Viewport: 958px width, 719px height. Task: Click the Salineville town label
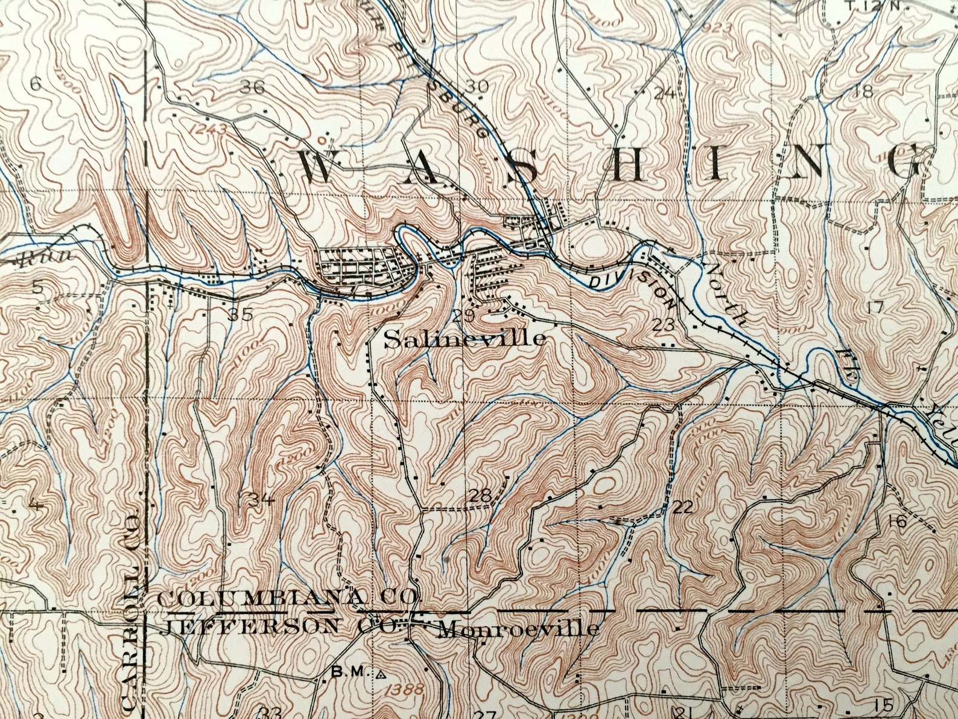point(465,339)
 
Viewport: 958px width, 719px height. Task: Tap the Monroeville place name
point(519,630)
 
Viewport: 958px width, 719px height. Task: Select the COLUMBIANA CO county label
point(287,598)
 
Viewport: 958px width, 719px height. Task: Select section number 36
point(252,87)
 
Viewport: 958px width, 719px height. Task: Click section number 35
point(240,314)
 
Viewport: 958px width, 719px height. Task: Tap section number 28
point(481,496)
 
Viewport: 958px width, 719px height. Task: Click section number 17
point(875,307)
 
